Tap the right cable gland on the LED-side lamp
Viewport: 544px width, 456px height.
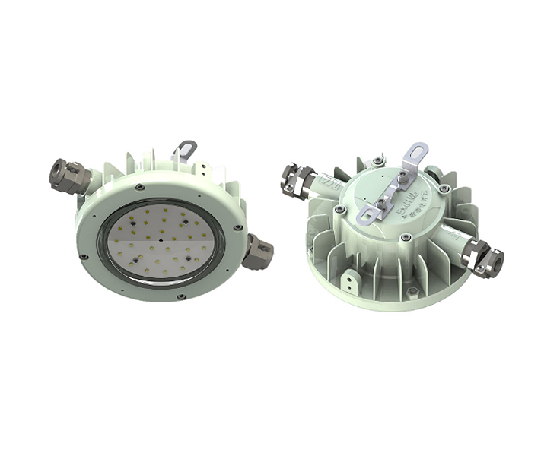(x=258, y=251)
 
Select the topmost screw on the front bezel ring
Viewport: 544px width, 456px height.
(x=139, y=187)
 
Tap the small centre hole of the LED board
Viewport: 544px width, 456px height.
(x=163, y=244)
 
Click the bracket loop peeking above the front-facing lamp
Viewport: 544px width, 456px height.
(x=184, y=148)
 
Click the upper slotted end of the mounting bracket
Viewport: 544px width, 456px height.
(x=416, y=153)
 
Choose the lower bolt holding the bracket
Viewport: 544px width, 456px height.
(x=379, y=201)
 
